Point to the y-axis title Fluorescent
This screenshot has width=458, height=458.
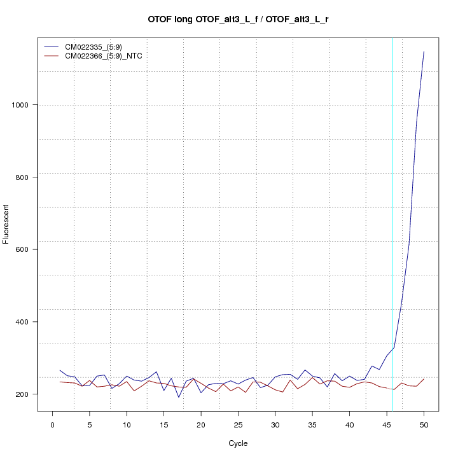pyautogui.click(x=7, y=224)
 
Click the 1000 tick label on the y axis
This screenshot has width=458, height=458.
pyautogui.click(x=25, y=105)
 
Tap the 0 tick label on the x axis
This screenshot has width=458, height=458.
pyautogui.click(x=52, y=424)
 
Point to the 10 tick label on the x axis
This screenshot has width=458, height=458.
pyautogui.click(x=127, y=424)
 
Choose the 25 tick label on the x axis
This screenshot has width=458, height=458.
pyautogui.click(x=238, y=424)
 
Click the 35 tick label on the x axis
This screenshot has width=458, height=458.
pyautogui.click(x=312, y=424)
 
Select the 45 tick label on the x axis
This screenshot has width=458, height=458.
pyautogui.click(x=387, y=424)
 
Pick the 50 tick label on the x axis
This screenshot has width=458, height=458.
pyautogui.click(x=424, y=424)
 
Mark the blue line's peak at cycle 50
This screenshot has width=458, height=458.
pyautogui.click(x=424, y=52)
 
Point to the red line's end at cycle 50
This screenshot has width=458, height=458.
pyautogui.click(x=424, y=379)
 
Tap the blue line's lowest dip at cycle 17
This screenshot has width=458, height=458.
pyautogui.click(x=179, y=398)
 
